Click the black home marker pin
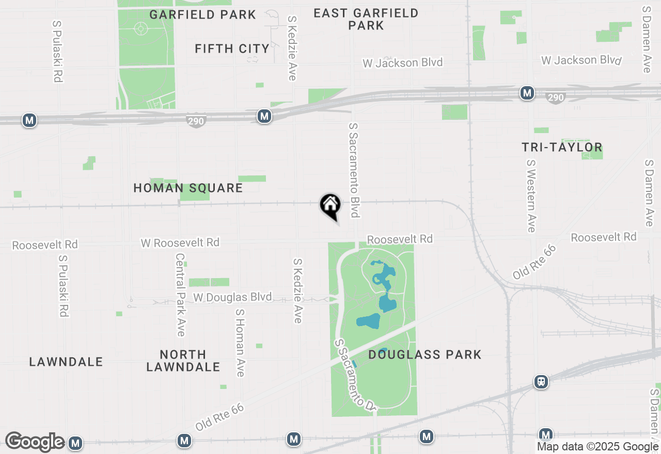tap(330, 205)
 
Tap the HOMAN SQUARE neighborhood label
tap(188, 188)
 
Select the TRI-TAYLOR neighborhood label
tap(562, 147)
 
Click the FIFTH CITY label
tap(232, 48)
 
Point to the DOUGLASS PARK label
tap(425, 354)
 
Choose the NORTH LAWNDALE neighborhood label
tap(183, 361)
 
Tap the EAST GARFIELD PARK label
tap(366, 19)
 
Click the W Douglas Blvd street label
tap(232, 297)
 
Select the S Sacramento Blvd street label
tap(354, 170)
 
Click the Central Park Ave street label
tap(180, 295)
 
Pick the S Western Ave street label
tap(531, 196)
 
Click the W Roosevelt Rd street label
tap(180, 242)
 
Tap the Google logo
tap(35, 442)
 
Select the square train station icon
tap(541, 382)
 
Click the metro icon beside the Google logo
tap(75, 443)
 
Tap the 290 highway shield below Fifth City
tap(196, 121)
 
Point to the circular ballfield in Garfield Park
tap(141, 28)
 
